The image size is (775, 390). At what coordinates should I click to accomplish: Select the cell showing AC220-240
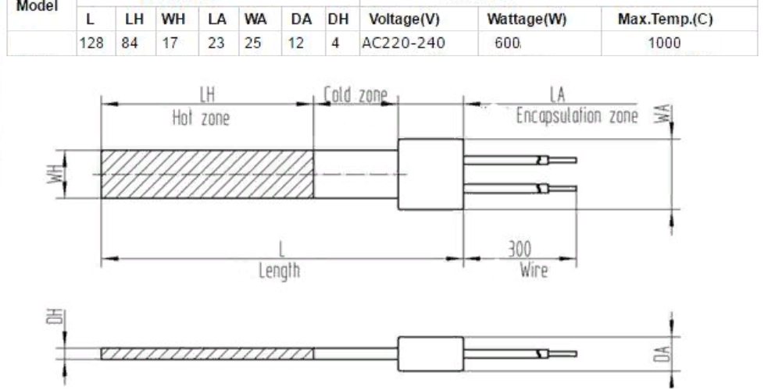coord(403,43)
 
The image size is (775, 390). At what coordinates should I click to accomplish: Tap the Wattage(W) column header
coord(527,19)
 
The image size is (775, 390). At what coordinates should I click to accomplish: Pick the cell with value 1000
coord(664,43)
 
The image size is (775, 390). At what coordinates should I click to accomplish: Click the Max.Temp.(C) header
coord(666,19)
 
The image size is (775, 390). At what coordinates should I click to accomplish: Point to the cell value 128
coord(91,43)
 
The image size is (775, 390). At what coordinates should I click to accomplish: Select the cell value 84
coord(130,43)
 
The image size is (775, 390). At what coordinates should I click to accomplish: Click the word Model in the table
coord(37,6)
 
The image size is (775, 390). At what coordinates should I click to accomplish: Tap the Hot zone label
coord(201,119)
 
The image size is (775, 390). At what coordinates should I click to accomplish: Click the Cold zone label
coord(355,94)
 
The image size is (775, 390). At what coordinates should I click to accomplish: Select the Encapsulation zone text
coord(577,116)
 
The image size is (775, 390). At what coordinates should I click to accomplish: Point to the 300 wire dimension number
coord(520,250)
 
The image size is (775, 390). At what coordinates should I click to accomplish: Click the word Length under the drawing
coord(279,271)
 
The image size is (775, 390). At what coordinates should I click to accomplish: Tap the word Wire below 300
coord(534,270)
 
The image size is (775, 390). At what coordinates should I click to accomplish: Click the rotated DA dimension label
coord(665,353)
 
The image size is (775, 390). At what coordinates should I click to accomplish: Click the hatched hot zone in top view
coord(207,174)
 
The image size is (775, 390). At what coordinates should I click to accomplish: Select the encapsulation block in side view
coord(431,353)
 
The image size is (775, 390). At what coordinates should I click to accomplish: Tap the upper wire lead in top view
coord(520,160)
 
